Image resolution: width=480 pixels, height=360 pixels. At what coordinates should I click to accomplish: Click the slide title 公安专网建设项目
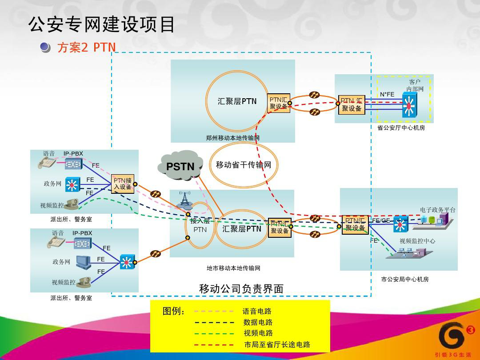(x=102, y=25)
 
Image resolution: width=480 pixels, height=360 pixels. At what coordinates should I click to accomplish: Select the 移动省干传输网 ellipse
(x=244, y=165)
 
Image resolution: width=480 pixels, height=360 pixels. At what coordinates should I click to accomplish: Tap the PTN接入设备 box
(x=122, y=184)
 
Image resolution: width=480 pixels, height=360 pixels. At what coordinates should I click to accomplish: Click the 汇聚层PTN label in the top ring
(x=237, y=101)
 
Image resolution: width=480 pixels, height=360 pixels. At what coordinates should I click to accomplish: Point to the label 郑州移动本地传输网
(x=232, y=138)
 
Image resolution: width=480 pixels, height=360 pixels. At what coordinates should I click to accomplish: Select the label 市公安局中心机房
(x=405, y=280)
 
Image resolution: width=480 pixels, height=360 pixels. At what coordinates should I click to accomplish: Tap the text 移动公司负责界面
(x=241, y=289)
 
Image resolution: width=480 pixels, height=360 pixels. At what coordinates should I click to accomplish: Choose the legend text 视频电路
(x=258, y=333)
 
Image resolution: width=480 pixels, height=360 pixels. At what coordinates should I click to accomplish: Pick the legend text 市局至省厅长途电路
(x=277, y=344)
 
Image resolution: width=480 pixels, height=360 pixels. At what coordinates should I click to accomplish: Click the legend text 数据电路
(x=258, y=322)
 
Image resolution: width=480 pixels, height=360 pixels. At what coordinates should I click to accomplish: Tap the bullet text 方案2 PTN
(x=86, y=48)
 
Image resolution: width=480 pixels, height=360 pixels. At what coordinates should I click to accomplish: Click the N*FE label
(x=387, y=94)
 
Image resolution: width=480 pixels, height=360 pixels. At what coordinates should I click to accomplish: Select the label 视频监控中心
(x=417, y=241)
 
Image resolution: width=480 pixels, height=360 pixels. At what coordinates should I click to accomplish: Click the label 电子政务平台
(x=437, y=210)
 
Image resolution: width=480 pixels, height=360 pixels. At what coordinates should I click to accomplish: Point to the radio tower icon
(x=185, y=200)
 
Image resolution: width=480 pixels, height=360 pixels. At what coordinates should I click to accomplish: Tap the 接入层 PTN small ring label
(x=200, y=225)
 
